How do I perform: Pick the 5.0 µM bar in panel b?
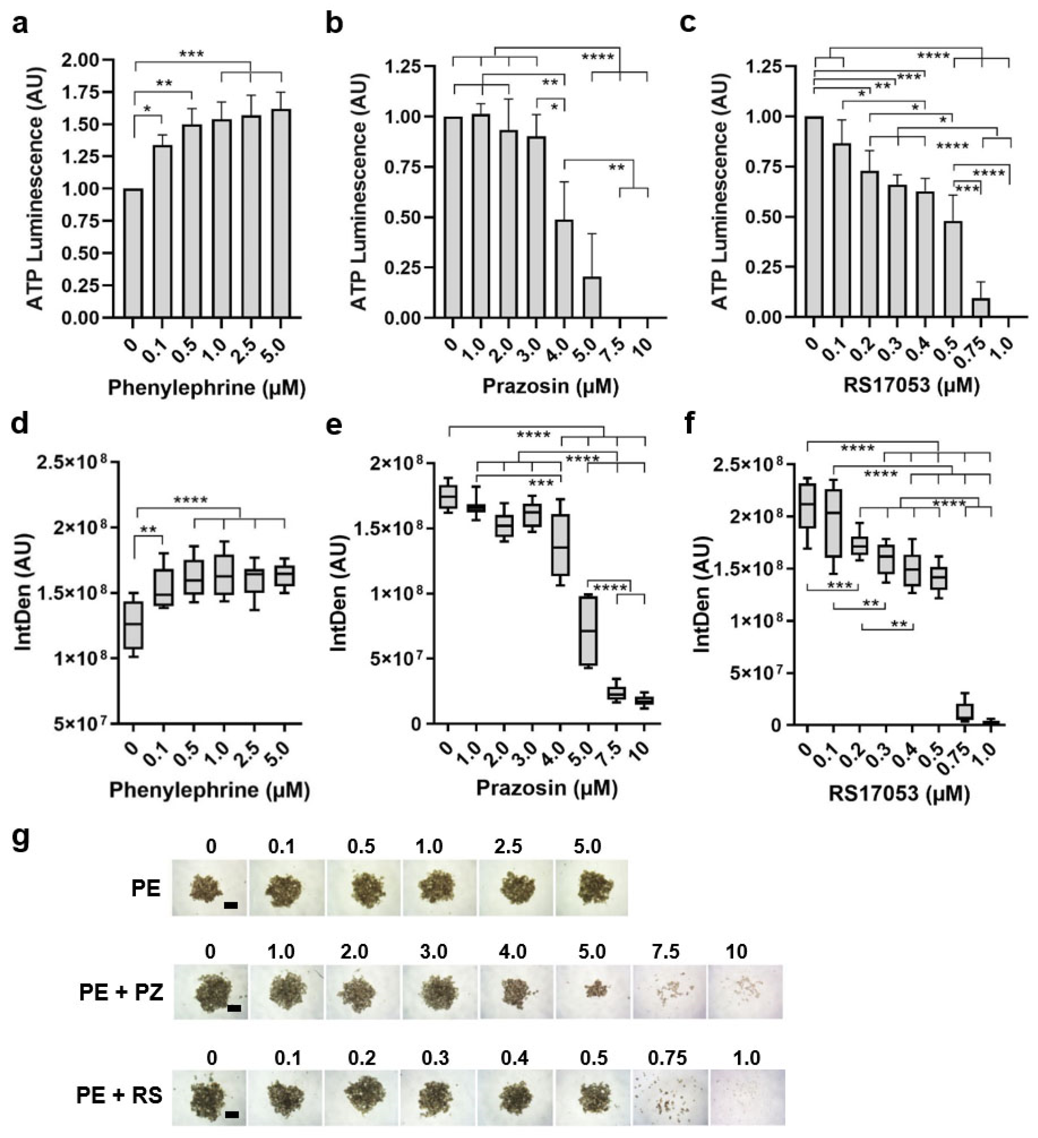point(592,297)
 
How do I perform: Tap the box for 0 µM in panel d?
point(134,625)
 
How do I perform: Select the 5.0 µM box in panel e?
point(589,631)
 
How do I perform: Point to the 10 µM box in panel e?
point(644,701)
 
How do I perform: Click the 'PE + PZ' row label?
point(121,992)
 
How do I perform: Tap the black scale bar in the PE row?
point(230,905)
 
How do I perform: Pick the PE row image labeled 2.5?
point(515,887)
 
